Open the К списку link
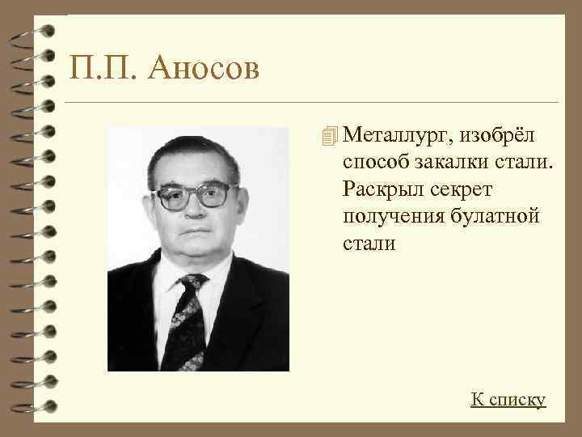pyautogui.click(x=508, y=399)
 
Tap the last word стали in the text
pyautogui.click(x=369, y=243)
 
